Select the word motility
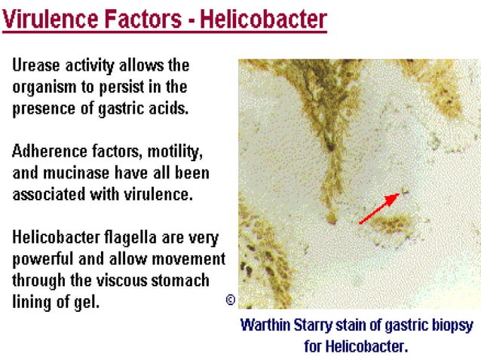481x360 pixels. [x=176, y=151]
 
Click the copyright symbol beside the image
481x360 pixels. [x=231, y=300]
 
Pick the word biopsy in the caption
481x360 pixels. [x=450, y=327]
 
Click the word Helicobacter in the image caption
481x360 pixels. [x=369, y=346]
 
